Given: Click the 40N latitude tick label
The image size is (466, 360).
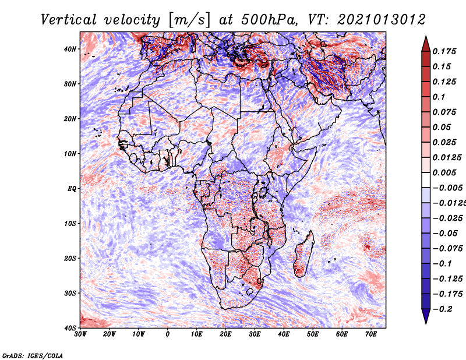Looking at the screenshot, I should click(x=69, y=49).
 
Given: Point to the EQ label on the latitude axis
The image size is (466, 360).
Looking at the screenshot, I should click(x=71, y=188).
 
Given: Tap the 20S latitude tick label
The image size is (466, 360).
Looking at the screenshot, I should click(x=69, y=258).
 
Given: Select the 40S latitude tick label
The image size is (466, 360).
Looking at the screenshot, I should click(x=69, y=327).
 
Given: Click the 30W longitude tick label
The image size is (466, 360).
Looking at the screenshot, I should click(x=80, y=334).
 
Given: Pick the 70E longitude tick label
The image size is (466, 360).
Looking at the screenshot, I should click(x=371, y=334).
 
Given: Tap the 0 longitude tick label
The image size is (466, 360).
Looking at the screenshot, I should click(x=168, y=334).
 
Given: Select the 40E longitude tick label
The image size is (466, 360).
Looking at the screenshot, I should click(x=284, y=334).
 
